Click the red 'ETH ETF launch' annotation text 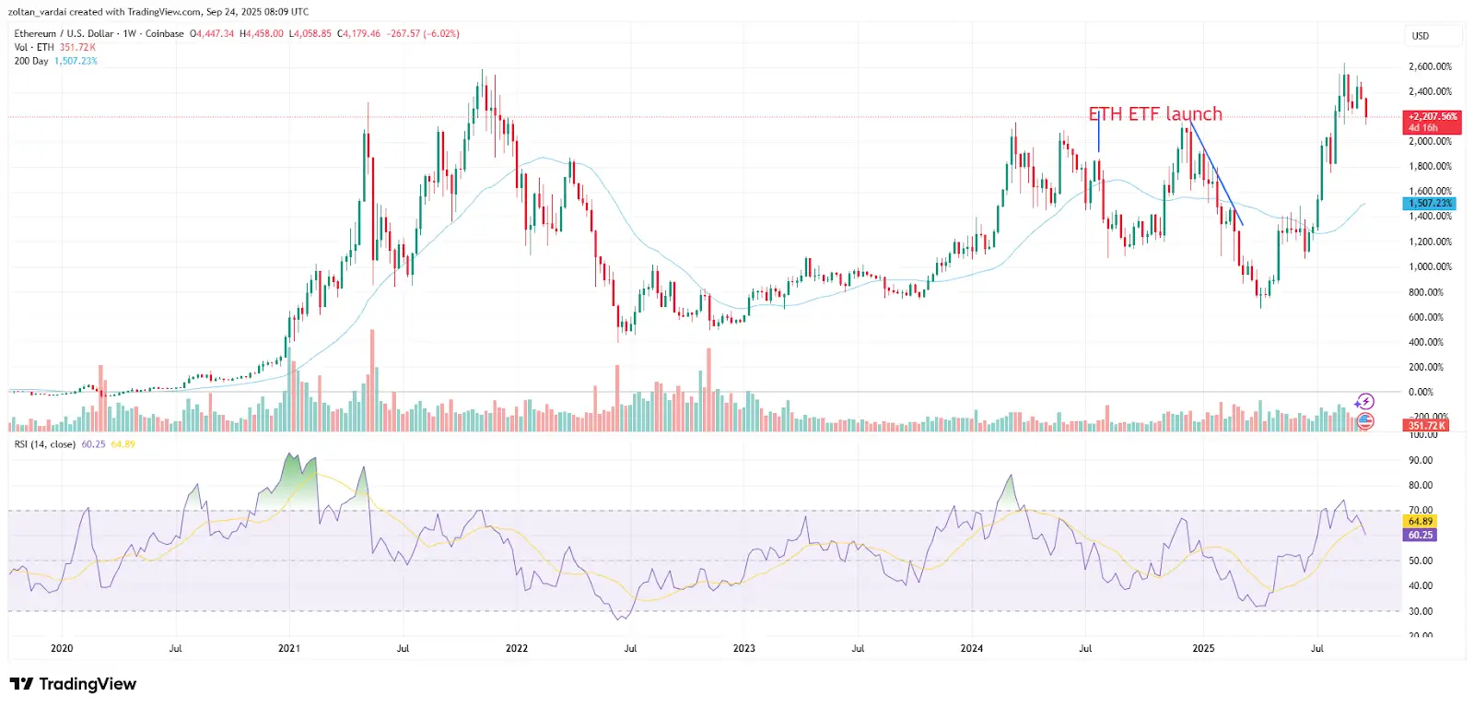click(x=1155, y=114)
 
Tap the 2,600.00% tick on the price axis click(x=1430, y=66)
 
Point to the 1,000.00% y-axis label click(x=1430, y=266)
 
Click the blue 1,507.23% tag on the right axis click(x=1431, y=203)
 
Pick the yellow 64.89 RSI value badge click(x=1421, y=522)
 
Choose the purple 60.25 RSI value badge click(x=1421, y=535)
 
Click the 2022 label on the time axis click(x=517, y=648)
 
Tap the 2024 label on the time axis click(x=971, y=648)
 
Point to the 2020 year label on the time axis click(x=62, y=648)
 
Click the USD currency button click(x=1421, y=36)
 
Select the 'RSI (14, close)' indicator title click(x=45, y=444)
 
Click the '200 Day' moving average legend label click(x=31, y=61)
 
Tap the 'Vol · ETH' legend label click(x=34, y=47)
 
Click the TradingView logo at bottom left click(x=73, y=684)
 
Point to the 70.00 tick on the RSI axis click(x=1421, y=510)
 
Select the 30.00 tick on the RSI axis click(x=1421, y=611)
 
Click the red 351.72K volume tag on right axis click(x=1426, y=425)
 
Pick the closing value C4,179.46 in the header click(x=358, y=33)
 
